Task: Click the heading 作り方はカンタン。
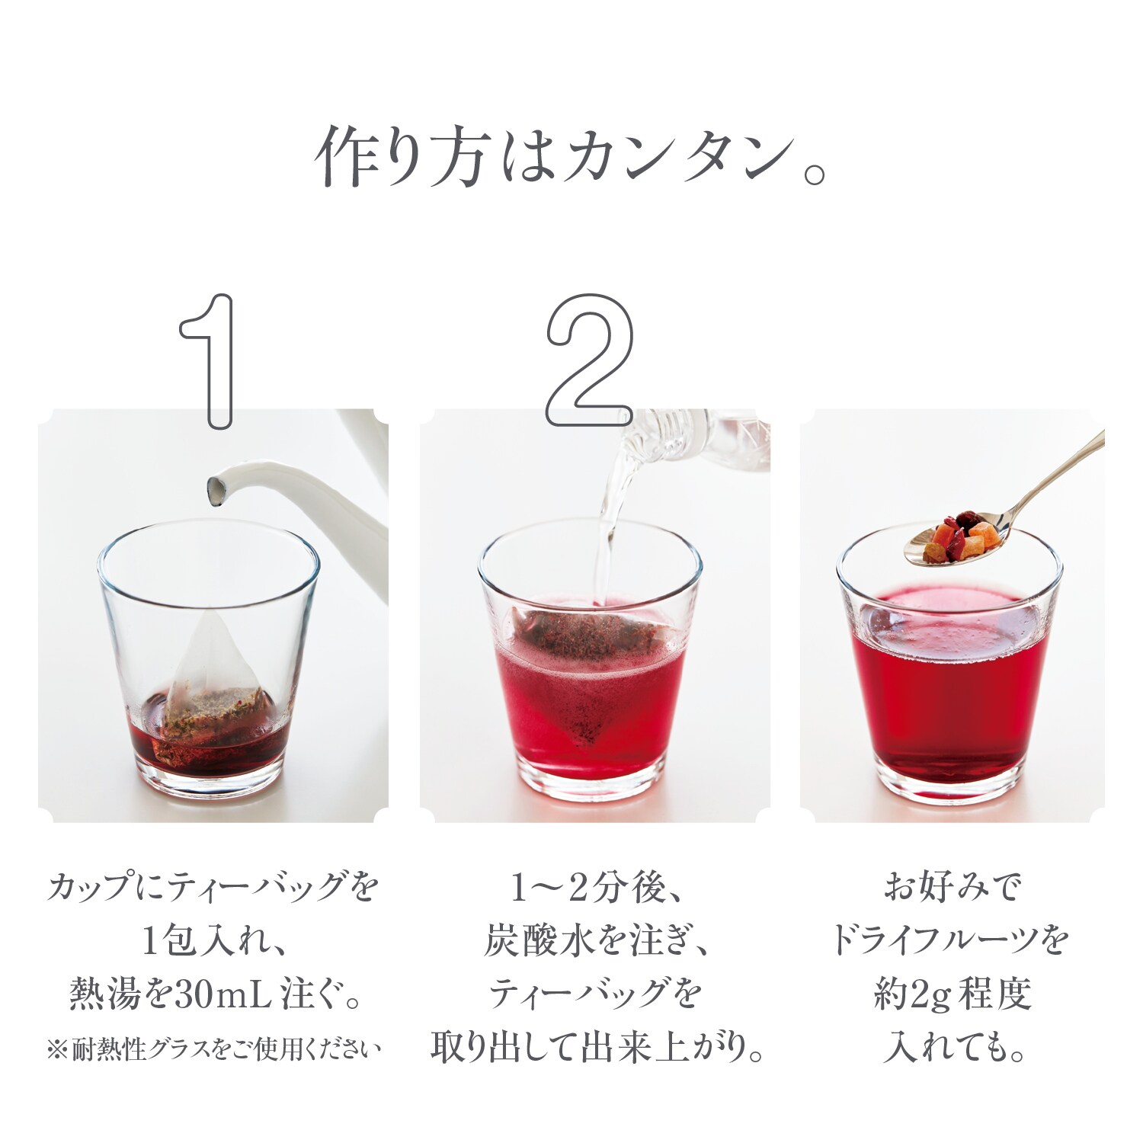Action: pyautogui.click(x=571, y=156)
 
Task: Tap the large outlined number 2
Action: pyautogui.click(x=589, y=360)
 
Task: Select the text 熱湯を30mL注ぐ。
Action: pyautogui.click(x=213, y=994)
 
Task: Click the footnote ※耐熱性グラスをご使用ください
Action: pyautogui.click(x=213, y=1049)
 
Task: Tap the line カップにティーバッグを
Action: pyautogui.click(x=213, y=888)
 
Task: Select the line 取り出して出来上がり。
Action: pyautogui.click(x=597, y=1049)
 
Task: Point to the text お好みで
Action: pyautogui.click(x=952, y=888)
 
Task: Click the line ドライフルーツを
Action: pyautogui.click(x=951, y=941)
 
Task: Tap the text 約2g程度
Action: pyautogui.click(x=952, y=995)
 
